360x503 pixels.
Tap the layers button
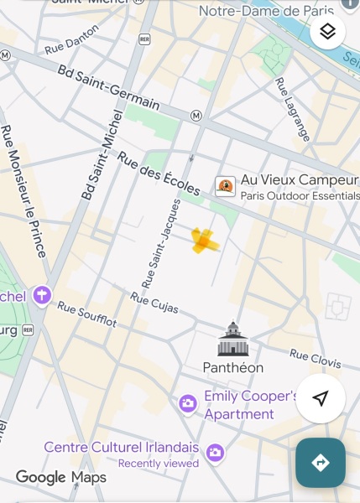[x=328, y=32]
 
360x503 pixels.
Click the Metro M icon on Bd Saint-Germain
[x=196, y=116]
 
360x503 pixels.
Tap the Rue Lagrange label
[x=293, y=109]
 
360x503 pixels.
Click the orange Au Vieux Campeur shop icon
[x=225, y=186]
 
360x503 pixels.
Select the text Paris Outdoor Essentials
[x=300, y=196]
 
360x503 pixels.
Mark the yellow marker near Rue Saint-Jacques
[x=204, y=241]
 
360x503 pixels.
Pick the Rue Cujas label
[x=154, y=303]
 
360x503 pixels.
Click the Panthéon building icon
[x=233, y=339]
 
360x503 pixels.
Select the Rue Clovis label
[x=316, y=358]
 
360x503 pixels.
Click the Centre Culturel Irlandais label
[x=122, y=447]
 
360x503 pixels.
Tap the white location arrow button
[x=320, y=398]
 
